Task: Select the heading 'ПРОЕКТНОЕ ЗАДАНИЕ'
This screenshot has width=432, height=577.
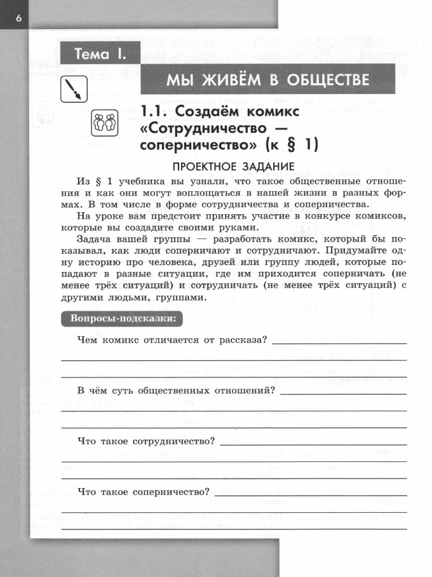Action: click(x=234, y=166)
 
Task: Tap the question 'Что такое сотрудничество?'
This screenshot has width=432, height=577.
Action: click(x=145, y=440)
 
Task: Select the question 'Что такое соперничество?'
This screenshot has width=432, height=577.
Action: click(x=143, y=491)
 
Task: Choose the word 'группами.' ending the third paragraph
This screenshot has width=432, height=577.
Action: click(x=181, y=297)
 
